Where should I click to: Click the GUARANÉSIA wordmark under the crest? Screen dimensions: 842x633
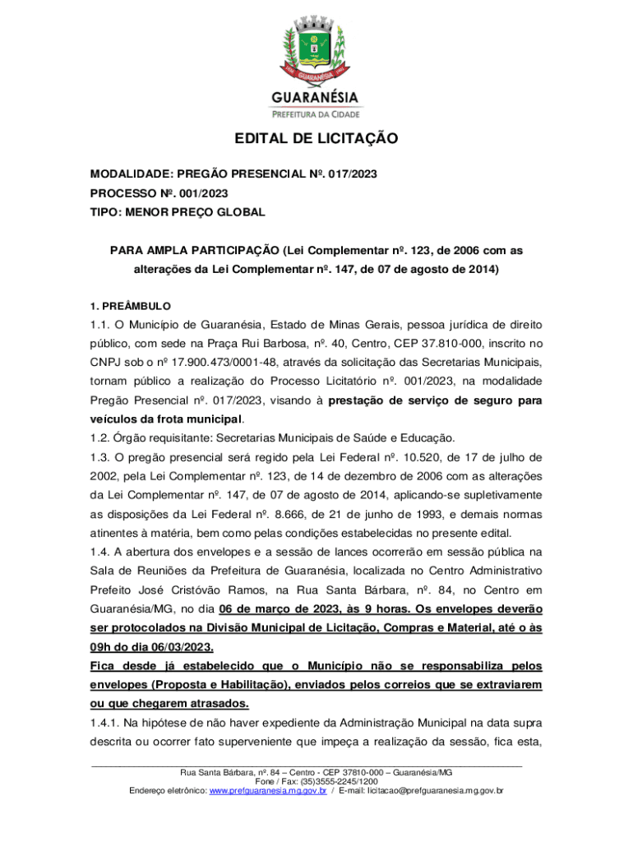pos(316,98)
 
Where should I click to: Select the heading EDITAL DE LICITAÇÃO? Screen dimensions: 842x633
pos(316,139)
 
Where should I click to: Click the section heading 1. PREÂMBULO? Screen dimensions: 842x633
pos(130,305)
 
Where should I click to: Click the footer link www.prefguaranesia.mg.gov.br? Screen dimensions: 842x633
pos(268,790)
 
